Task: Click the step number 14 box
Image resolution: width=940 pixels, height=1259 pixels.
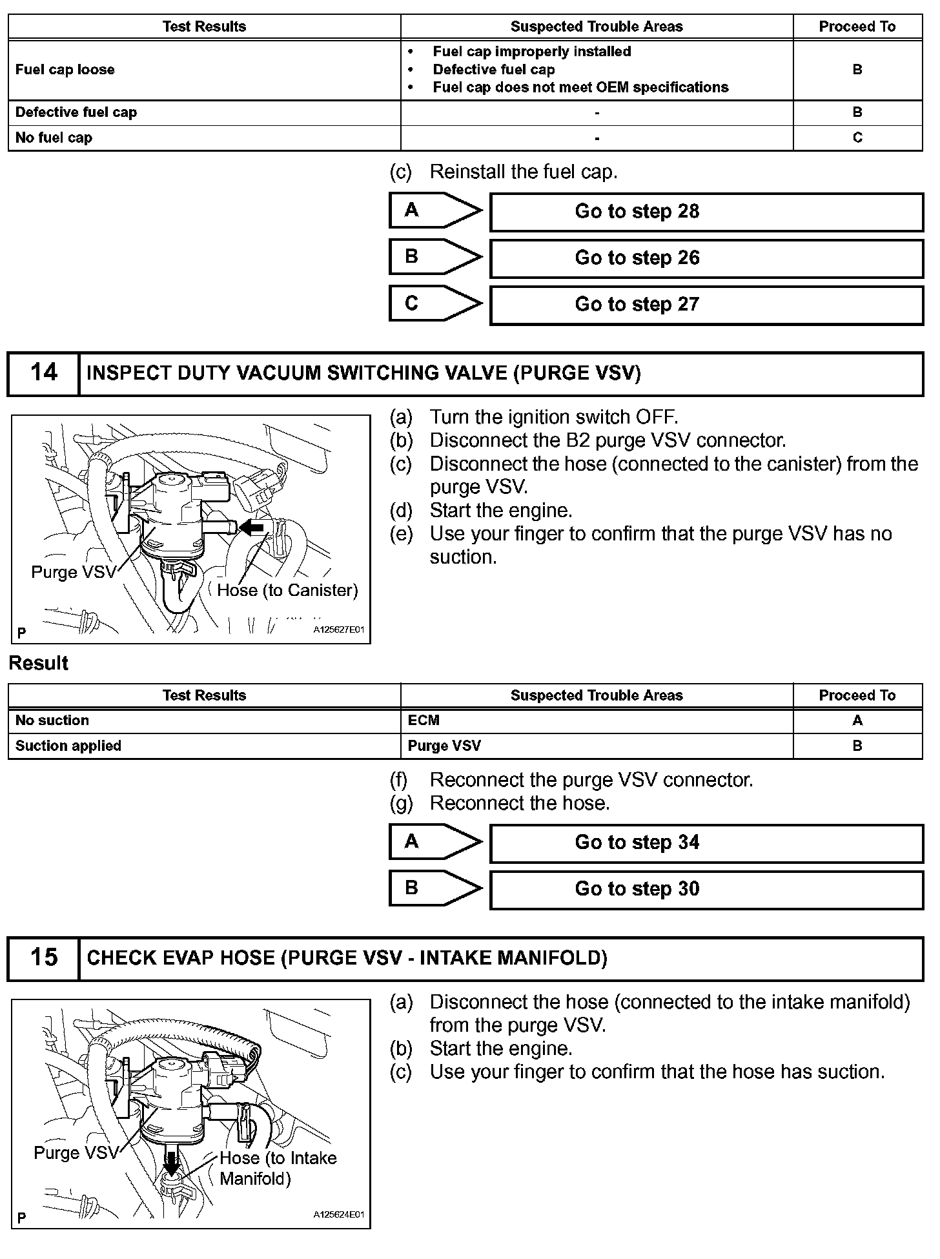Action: pyautogui.click(x=43, y=373)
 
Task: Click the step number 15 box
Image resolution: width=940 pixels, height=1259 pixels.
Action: pyautogui.click(x=43, y=958)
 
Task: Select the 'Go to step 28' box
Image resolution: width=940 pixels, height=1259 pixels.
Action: pyautogui.click(x=706, y=212)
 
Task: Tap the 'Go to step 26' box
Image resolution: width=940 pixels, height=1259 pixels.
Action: pyautogui.click(x=706, y=258)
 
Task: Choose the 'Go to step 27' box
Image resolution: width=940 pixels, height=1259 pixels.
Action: pyautogui.click(x=706, y=305)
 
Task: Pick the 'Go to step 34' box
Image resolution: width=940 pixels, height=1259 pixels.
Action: pyautogui.click(x=706, y=843)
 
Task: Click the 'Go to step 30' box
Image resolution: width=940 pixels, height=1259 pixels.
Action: pyautogui.click(x=706, y=889)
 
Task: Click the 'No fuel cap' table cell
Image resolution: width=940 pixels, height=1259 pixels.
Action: pyautogui.click(x=54, y=138)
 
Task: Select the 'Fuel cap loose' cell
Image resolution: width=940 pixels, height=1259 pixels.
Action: pyautogui.click(x=65, y=70)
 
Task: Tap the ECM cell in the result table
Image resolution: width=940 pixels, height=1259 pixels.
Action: pyautogui.click(x=424, y=721)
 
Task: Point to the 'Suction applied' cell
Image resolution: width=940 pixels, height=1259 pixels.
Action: pyautogui.click(x=68, y=746)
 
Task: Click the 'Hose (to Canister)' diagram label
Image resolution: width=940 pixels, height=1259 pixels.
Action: pyautogui.click(x=287, y=590)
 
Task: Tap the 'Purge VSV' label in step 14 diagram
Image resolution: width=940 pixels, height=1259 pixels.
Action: pyautogui.click(x=74, y=572)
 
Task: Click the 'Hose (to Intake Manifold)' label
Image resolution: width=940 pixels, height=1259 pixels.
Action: pyautogui.click(x=278, y=1168)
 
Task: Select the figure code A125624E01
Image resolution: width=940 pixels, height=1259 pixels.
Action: pyautogui.click(x=338, y=1214)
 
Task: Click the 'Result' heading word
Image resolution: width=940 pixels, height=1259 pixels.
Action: pyautogui.click(x=39, y=664)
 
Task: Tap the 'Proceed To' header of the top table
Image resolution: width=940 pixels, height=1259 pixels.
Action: pyautogui.click(x=857, y=26)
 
